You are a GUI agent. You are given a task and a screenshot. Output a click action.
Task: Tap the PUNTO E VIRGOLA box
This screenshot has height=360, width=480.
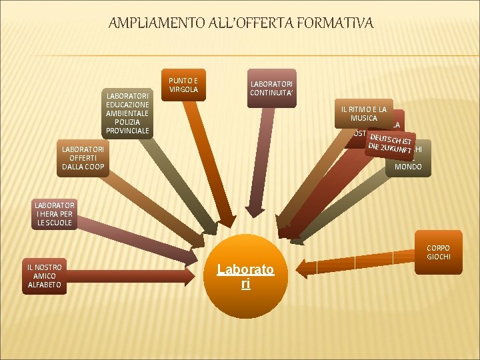183,85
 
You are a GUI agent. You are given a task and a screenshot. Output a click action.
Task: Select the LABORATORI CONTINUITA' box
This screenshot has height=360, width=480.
271,89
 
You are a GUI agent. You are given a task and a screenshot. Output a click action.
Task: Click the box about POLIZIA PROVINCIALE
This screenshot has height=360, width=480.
127,113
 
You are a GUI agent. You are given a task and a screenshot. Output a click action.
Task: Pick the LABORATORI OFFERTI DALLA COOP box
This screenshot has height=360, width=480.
83,158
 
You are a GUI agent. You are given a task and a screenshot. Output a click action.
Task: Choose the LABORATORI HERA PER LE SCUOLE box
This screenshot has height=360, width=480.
55,214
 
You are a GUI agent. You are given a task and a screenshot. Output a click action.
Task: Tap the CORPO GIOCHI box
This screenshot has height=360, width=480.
438,253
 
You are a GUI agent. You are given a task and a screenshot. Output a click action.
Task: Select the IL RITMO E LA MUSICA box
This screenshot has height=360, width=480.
364,114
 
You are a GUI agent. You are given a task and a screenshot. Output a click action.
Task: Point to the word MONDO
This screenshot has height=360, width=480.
408,167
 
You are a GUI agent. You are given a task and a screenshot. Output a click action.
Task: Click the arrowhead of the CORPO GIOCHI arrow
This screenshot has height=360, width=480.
303,269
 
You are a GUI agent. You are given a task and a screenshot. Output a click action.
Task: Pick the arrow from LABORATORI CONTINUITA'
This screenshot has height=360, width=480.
257,167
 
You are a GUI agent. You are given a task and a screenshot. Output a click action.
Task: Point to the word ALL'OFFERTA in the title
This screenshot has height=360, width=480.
243,24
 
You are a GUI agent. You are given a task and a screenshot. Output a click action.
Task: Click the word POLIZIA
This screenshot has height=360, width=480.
127,122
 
